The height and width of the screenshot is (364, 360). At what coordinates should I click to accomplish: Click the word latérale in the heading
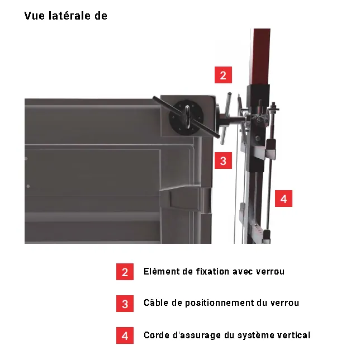pyautogui.click(x=69, y=16)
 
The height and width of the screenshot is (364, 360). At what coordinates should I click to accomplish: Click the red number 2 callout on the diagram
pyautogui.click(x=223, y=75)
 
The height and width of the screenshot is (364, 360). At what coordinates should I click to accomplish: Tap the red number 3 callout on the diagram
pyautogui.click(x=223, y=160)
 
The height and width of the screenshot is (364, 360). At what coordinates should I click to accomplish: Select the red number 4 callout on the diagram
pyautogui.click(x=283, y=198)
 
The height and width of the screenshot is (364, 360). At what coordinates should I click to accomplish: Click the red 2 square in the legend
pyautogui.click(x=125, y=272)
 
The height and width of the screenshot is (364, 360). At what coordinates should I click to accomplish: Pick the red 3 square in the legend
pyautogui.click(x=125, y=304)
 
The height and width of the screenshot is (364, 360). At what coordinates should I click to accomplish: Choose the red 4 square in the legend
pyautogui.click(x=125, y=335)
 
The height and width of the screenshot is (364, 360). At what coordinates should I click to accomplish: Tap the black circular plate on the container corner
pyautogui.click(x=187, y=117)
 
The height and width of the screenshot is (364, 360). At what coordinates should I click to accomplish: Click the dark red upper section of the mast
pyautogui.click(x=260, y=56)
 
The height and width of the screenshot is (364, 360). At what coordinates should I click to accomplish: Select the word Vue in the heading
pyautogui.click(x=34, y=16)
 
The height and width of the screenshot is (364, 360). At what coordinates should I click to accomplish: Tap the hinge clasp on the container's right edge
pyautogui.click(x=205, y=201)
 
